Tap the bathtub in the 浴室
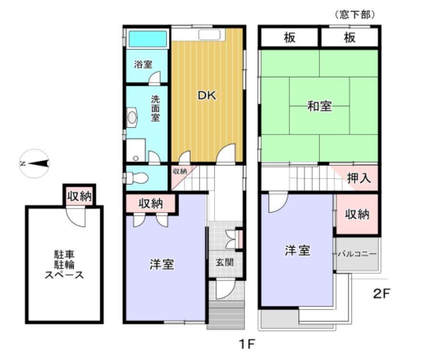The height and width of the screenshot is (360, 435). (x=148, y=39)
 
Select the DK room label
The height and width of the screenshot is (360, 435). (x=207, y=95)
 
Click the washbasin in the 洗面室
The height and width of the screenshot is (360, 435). (x=132, y=117)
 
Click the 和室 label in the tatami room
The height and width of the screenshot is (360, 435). (x=319, y=106)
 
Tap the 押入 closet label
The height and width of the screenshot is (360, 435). (x=359, y=178)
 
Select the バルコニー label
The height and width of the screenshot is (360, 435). (x=357, y=254)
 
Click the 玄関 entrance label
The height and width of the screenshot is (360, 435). (x=224, y=263)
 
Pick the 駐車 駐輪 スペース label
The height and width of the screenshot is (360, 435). (x=64, y=265)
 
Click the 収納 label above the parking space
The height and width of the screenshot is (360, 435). (x=80, y=196)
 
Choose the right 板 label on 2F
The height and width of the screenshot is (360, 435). (x=350, y=37)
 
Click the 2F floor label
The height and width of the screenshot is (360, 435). (x=382, y=294)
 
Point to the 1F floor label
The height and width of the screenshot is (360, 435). (x=247, y=344)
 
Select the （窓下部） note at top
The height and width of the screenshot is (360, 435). (x=355, y=15)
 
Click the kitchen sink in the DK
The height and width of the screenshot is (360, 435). (x=210, y=35)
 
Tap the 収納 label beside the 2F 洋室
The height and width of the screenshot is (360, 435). (x=357, y=214)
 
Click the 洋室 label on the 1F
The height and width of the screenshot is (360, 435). (x=162, y=264)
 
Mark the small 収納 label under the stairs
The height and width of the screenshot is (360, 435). (x=180, y=171)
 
